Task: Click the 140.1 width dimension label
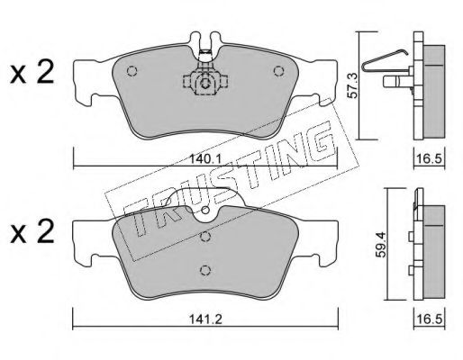tap(205, 158)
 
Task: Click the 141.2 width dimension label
tap(205, 319)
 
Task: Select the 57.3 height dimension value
tap(352, 85)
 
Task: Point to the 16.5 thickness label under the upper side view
tap(430, 158)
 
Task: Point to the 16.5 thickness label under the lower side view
tap(430, 319)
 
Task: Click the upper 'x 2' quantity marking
tap(32, 72)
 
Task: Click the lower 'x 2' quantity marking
tap(32, 232)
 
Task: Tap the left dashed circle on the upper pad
tap(132, 71)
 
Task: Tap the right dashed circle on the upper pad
tap(278, 71)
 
